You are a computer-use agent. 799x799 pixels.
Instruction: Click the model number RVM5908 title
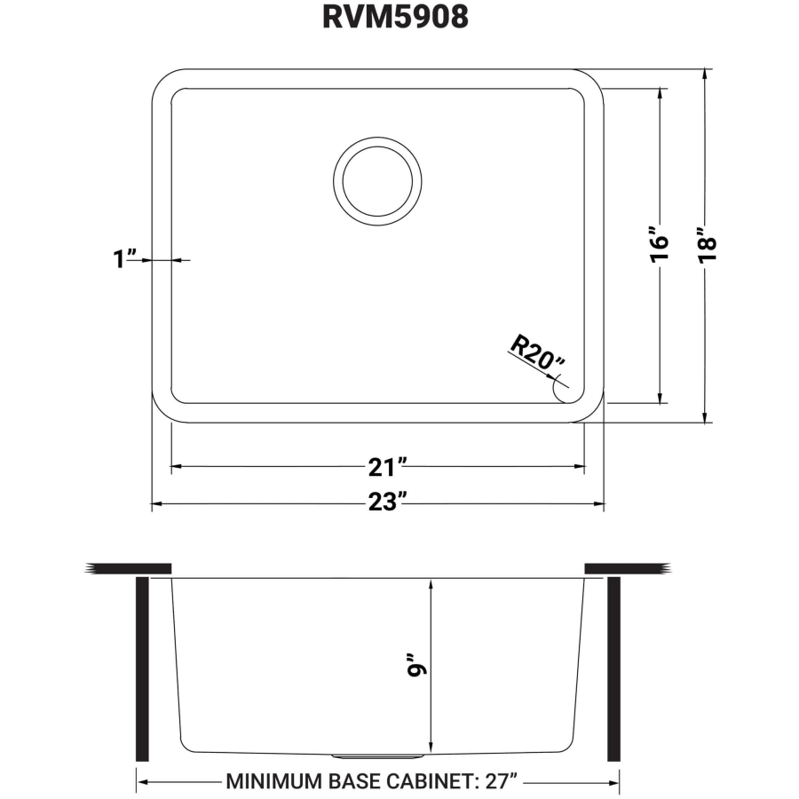395,19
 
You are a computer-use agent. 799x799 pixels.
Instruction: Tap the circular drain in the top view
377,177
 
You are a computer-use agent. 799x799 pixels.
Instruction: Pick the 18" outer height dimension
705,243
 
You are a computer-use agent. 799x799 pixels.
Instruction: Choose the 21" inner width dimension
388,465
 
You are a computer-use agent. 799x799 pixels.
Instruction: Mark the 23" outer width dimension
388,503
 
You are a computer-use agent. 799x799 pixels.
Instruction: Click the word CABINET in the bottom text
424,782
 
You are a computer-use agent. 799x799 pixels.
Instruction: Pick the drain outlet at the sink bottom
377,755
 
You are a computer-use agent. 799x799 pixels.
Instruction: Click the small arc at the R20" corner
558,388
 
